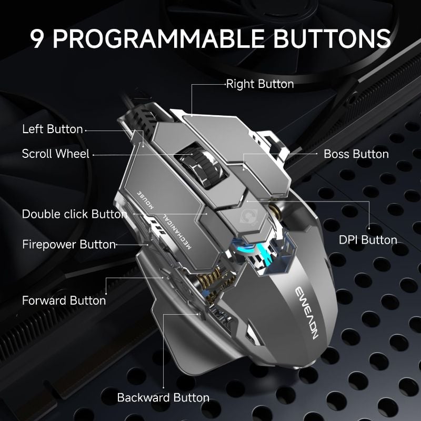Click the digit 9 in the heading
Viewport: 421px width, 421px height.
(38, 38)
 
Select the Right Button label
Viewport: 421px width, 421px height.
(259, 84)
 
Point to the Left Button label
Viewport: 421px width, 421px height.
(52, 129)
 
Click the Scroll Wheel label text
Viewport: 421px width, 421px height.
(56, 154)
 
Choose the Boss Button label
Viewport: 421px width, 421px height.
(356, 154)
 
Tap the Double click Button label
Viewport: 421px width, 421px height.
(74, 214)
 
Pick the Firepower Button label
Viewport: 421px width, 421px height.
(68, 244)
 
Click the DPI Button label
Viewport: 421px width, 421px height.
(367, 240)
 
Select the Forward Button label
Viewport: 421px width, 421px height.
(64, 300)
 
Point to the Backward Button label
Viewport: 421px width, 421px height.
(163, 397)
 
